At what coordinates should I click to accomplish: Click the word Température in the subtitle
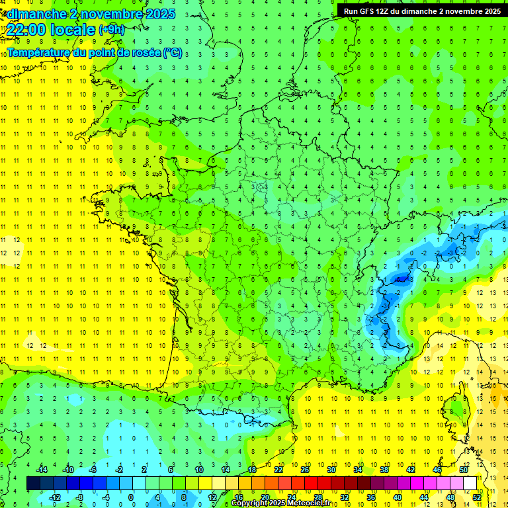click(x=38, y=53)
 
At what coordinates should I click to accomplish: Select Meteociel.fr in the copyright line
click(x=310, y=503)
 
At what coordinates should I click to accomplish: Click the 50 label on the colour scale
click(x=463, y=470)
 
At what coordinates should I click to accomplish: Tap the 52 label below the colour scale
click(x=476, y=497)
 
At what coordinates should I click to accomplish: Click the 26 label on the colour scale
click(x=304, y=470)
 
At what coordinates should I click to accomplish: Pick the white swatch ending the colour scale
click(x=470, y=484)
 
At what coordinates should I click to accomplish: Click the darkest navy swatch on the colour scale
click(x=33, y=484)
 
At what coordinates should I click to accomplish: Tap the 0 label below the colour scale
click(x=131, y=497)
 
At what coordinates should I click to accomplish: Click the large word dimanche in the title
click(x=37, y=13)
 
